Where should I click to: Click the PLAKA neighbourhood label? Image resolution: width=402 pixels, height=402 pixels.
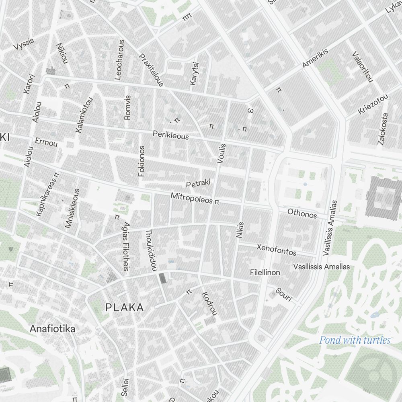124,308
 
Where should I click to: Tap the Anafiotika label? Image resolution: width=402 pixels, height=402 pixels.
52,329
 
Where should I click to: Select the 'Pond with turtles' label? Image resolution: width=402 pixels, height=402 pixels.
355,340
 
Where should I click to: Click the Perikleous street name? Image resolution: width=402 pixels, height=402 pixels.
170,135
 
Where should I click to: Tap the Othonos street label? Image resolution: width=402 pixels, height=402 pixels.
302,213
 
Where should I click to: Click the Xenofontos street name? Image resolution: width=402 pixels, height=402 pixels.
277,249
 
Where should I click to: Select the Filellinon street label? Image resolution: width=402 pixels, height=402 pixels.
265,272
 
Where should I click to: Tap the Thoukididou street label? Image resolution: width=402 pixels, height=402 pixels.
150,250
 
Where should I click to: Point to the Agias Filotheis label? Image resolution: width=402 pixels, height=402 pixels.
126,246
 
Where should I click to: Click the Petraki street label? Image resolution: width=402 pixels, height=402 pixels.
199,184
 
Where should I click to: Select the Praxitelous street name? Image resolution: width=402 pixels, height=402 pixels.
151,70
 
